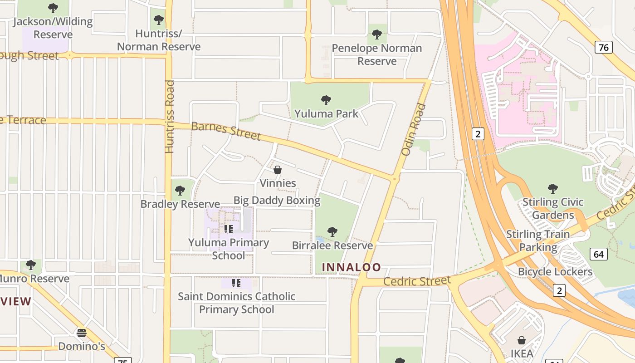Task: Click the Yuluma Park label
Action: click(x=326, y=113)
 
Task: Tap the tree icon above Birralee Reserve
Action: click(x=332, y=232)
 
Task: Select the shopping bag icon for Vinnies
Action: click(x=278, y=170)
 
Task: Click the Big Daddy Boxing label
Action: click(x=277, y=200)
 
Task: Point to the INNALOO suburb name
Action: click(x=352, y=267)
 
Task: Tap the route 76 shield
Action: click(x=604, y=47)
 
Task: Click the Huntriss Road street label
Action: click(x=169, y=117)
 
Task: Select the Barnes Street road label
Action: click(x=226, y=131)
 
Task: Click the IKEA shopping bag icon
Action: click(x=522, y=340)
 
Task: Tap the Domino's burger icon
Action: click(x=82, y=333)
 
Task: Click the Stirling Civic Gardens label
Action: click(x=553, y=208)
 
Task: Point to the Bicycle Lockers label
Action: click(x=555, y=272)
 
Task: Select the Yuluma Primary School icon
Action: click(x=229, y=229)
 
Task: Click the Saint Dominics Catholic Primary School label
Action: click(x=236, y=303)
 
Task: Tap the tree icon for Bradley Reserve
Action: click(x=180, y=191)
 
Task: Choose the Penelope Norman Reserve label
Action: click(x=376, y=54)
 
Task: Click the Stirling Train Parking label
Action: click(x=538, y=240)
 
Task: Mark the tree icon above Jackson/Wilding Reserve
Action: click(x=53, y=8)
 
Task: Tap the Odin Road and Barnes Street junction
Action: click(x=394, y=179)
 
